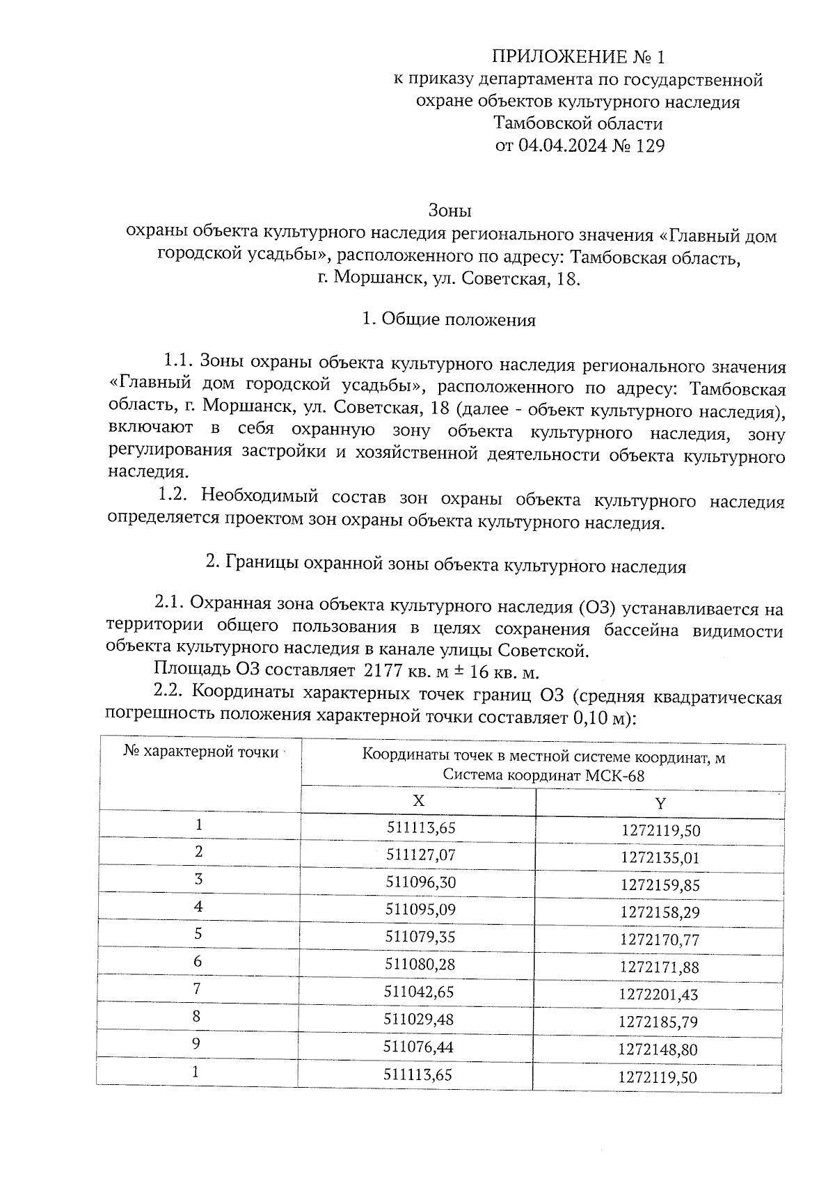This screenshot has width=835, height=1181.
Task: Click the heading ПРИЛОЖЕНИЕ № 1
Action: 578,56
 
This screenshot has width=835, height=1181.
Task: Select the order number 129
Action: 646,146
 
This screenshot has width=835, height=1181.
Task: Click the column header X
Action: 418,800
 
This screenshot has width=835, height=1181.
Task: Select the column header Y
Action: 660,804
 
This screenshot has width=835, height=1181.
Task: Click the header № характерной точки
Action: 201,752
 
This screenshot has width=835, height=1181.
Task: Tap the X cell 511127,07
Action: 420,853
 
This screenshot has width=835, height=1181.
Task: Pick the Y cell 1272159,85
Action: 660,885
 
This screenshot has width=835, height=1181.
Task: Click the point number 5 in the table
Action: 198,934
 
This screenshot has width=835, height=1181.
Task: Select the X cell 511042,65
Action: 419,991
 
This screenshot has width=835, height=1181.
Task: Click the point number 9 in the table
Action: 197,1044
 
